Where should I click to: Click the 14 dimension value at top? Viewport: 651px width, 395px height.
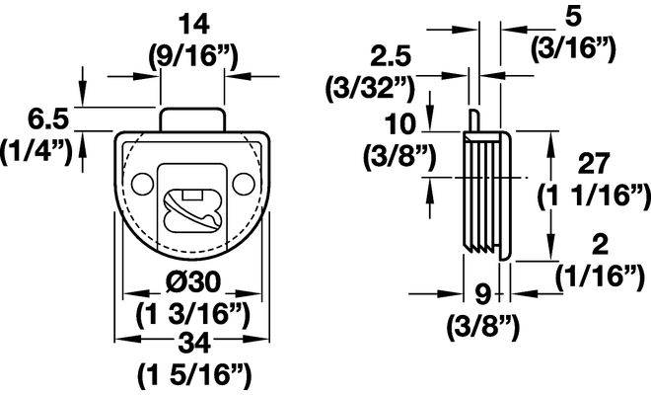(193, 25)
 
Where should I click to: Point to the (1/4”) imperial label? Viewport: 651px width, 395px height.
(36, 152)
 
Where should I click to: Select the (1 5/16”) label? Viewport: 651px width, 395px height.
(194, 375)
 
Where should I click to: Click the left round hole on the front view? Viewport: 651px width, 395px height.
(142, 184)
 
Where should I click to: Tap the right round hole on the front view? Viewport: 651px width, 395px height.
(244, 184)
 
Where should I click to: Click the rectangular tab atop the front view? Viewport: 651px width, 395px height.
(192, 119)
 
